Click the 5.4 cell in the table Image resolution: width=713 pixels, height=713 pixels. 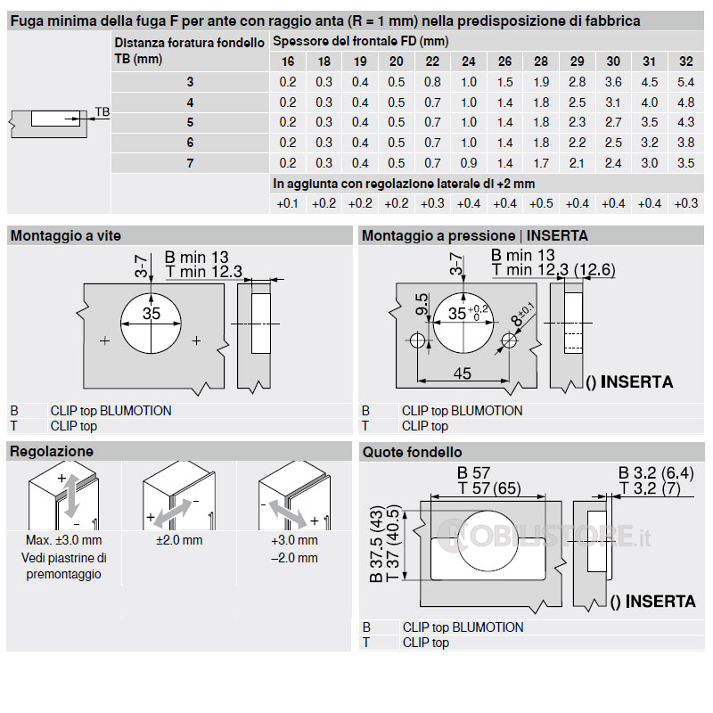pyautogui.click(x=685, y=82)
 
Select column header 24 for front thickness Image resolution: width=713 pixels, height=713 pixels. pyautogui.click(x=469, y=61)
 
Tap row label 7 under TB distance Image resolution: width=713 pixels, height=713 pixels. pyautogui.click(x=190, y=163)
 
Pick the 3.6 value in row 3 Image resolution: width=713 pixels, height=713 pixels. pyautogui.click(x=613, y=82)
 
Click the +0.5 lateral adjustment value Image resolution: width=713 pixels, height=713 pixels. pyautogui.click(x=541, y=203)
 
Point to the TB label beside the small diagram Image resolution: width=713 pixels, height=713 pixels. pyautogui.click(x=102, y=112)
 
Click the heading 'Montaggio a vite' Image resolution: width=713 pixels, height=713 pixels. pyautogui.click(x=65, y=236)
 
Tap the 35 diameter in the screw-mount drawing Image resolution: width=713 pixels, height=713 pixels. pyautogui.click(x=152, y=314)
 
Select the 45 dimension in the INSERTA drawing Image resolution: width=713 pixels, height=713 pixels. pyautogui.click(x=462, y=373)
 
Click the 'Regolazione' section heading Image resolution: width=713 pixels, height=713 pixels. pyautogui.click(x=51, y=452)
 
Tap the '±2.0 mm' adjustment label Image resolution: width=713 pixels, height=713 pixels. pyautogui.click(x=179, y=540)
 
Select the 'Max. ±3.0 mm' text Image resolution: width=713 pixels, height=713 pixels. pyautogui.click(x=64, y=540)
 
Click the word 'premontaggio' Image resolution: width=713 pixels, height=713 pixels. pyautogui.click(x=64, y=574)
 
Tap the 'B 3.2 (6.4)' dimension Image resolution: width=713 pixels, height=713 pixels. pyautogui.click(x=656, y=472)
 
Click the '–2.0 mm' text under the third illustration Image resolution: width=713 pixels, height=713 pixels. pyautogui.click(x=294, y=558)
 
